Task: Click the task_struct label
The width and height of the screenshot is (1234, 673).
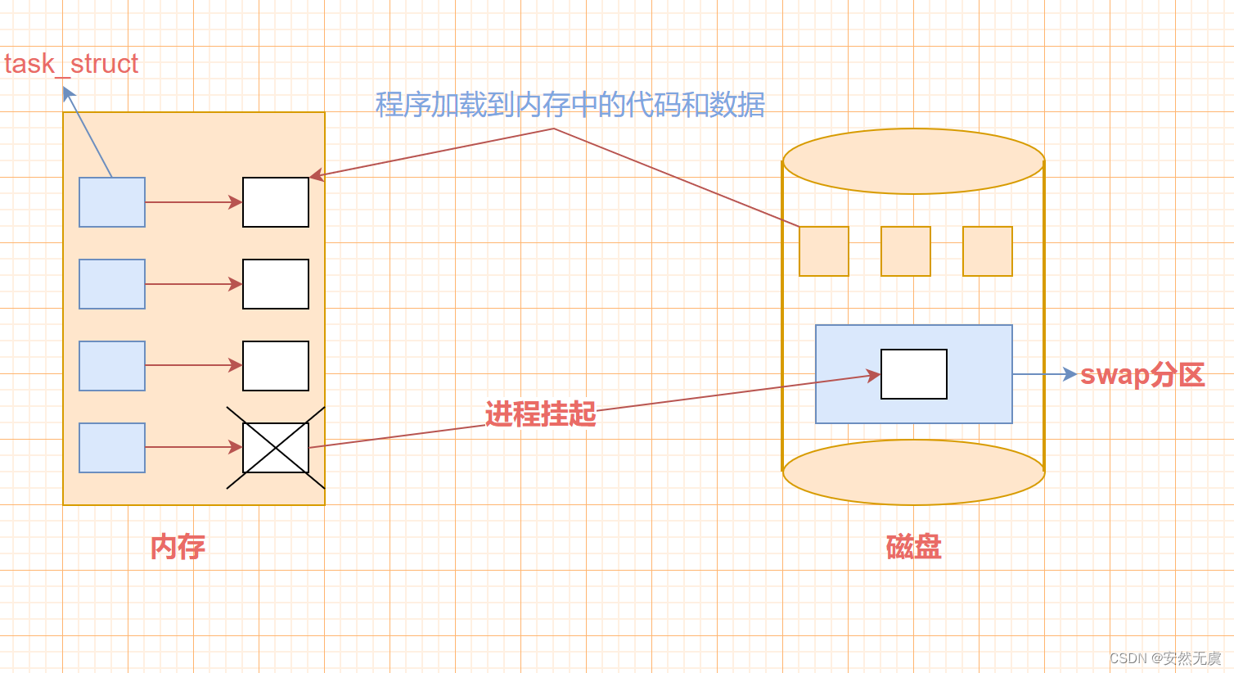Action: [x=71, y=64]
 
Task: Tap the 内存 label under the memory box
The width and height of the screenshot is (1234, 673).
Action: [x=178, y=547]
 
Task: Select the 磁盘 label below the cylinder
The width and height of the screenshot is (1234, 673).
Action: [x=913, y=547]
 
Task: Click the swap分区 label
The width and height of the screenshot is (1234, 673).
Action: [x=1142, y=375]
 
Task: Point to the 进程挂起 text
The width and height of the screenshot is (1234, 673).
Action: [x=540, y=414]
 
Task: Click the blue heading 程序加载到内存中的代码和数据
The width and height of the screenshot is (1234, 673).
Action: [x=570, y=105]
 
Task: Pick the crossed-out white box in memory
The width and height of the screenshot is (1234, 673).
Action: [x=276, y=448]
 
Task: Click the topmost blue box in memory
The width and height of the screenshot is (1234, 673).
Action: [x=112, y=202]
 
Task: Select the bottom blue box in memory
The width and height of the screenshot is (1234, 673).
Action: [x=112, y=448]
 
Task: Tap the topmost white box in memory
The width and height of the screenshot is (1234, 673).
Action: [x=276, y=202]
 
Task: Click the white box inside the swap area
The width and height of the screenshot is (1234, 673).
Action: [x=913, y=374]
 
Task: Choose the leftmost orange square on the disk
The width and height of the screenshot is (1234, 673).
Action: [x=824, y=251]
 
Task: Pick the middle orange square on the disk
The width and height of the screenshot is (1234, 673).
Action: [x=906, y=251]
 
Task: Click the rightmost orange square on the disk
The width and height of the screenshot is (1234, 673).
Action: [x=988, y=251]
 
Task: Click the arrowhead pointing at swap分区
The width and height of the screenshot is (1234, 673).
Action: [x=1070, y=374]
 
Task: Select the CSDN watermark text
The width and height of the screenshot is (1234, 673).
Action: [x=1164, y=658]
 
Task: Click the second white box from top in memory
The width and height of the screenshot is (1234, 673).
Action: [x=276, y=284]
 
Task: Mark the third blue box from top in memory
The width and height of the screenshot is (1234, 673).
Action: [x=112, y=366]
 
